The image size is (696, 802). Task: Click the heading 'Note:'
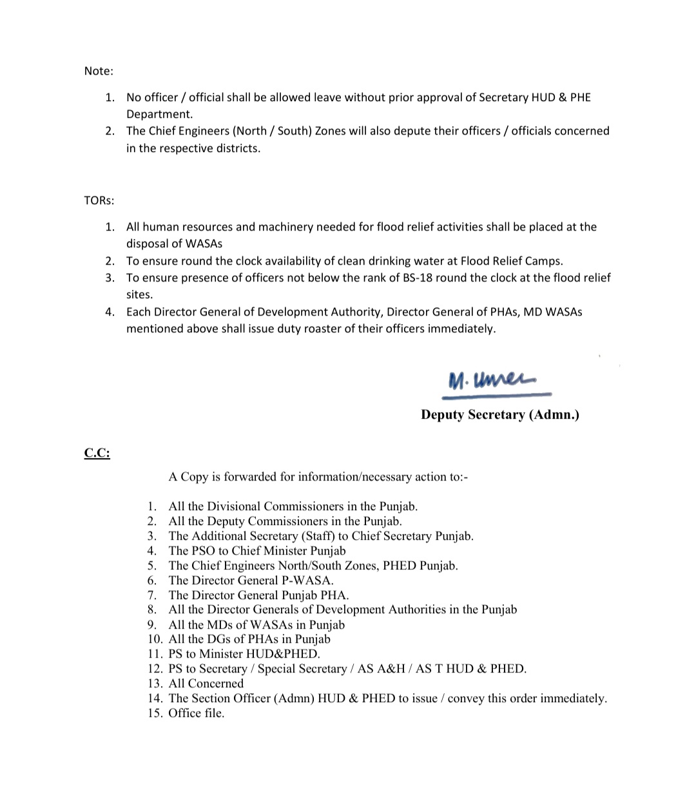(99, 71)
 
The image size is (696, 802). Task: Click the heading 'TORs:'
(99, 200)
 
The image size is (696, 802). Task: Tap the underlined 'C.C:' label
(97, 454)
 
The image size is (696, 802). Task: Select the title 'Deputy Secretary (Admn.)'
(500, 415)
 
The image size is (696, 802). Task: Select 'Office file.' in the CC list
(197, 714)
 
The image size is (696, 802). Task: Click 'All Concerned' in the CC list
(206, 684)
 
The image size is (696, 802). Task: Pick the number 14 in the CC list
(155, 699)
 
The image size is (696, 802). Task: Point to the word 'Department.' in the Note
(159, 115)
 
